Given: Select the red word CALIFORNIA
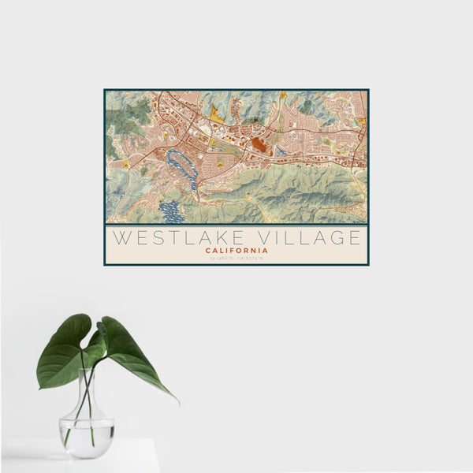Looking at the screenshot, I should (236, 251).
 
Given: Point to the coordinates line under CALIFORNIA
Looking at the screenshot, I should (236, 258).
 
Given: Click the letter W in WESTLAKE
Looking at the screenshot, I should (119, 237).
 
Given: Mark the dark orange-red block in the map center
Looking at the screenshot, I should (259, 144).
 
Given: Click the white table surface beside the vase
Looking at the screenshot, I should (134, 457).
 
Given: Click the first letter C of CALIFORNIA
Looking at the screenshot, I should (207, 251).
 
